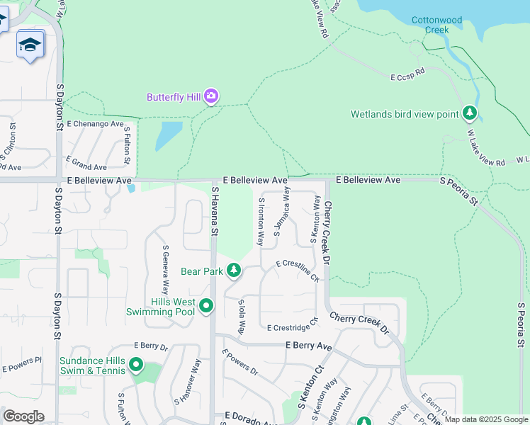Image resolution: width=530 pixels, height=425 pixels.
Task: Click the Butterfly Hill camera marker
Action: [210, 96]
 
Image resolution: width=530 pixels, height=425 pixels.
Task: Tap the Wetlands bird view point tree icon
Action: [469, 113]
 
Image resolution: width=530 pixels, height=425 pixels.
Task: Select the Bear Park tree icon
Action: [233, 271]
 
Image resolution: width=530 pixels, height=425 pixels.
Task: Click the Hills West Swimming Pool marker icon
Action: [206, 306]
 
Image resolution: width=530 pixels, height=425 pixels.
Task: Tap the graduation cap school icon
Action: [30, 45]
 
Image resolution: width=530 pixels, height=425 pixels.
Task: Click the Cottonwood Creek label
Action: [436, 25]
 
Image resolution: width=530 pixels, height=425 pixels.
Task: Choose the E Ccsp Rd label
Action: [407, 72]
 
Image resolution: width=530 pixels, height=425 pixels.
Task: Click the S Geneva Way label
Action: [166, 270]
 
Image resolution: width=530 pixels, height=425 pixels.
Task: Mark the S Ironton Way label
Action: [261, 220]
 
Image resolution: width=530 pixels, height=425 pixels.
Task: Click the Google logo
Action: [23, 416]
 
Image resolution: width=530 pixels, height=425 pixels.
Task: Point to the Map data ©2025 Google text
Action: [486, 419]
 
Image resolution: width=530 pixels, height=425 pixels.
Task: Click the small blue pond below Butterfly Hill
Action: [168, 135]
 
